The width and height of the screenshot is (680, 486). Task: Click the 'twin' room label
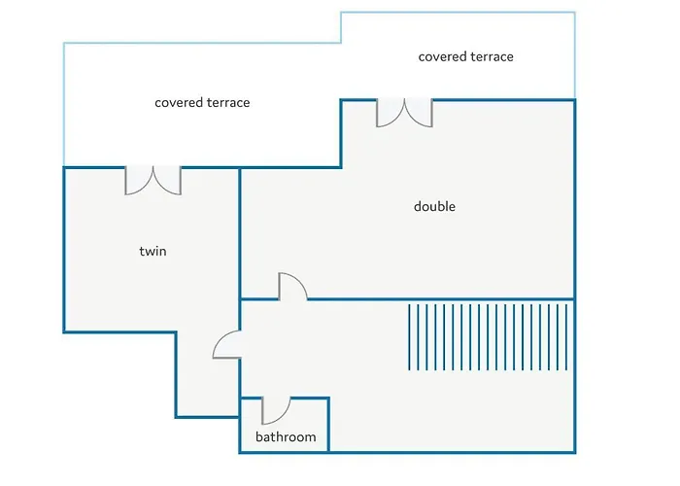pos(153,251)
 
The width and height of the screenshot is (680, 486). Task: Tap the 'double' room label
pos(434,206)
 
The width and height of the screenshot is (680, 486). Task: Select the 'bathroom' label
pos(286,436)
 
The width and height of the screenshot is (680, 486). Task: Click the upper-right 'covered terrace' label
pos(465,56)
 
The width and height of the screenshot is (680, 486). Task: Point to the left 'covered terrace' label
pos(202,102)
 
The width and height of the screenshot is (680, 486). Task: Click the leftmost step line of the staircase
pos(409,337)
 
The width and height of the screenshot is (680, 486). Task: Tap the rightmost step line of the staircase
pos(566,337)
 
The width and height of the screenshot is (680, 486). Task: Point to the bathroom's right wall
pos(328,425)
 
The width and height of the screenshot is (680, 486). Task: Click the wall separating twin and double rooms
pos(239,233)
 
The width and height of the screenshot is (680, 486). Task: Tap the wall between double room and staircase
pos(441,299)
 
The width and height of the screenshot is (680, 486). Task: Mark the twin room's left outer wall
pos(64,250)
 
